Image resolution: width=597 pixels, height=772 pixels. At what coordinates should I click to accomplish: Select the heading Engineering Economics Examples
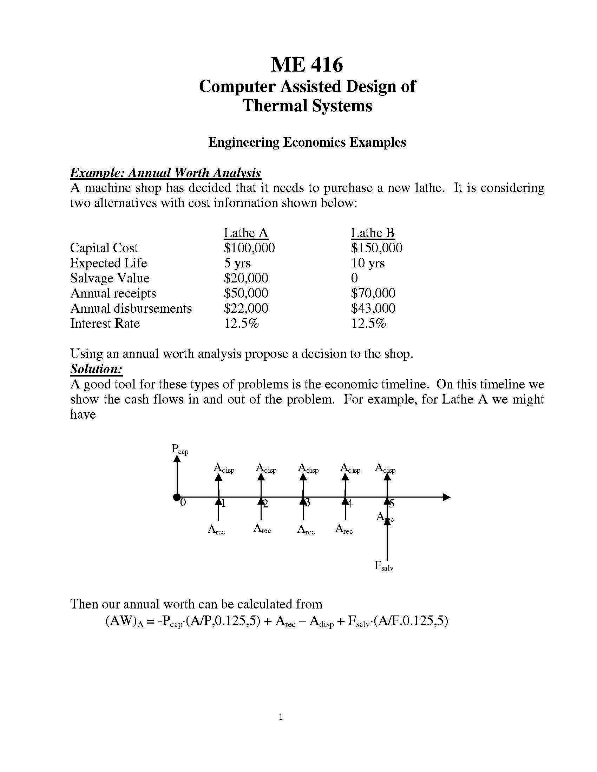click(307, 142)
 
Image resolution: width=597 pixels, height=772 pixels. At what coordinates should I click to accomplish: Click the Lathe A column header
click(246, 233)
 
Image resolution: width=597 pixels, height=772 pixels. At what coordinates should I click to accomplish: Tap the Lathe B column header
click(372, 233)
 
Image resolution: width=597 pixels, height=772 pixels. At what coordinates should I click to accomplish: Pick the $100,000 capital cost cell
click(249, 248)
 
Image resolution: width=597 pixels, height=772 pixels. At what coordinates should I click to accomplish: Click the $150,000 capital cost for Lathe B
click(377, 248)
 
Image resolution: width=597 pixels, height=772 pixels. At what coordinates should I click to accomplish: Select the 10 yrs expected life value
click(368, 263)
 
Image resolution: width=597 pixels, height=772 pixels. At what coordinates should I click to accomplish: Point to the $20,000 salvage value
click(246, 278)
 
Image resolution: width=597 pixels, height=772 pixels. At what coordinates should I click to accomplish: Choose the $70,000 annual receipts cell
click(373, 293)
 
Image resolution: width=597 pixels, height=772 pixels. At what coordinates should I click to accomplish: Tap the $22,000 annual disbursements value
click(246, 308)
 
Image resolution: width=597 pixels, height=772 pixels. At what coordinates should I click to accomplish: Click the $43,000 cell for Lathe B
click(373, 308)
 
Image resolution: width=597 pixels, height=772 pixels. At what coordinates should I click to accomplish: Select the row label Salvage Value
click(110, 278)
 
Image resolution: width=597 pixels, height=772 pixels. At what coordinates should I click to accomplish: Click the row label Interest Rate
click(105, 324)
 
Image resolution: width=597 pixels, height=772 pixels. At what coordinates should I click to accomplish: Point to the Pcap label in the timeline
click(180, 450)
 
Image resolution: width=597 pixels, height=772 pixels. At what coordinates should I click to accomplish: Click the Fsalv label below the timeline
click(384, 566)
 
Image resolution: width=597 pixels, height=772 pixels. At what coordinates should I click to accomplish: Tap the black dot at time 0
click(177, 497)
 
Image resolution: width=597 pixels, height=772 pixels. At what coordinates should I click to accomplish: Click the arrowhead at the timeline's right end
click(447, 497)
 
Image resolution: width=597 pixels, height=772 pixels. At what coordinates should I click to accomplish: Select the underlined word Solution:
click(96, 369)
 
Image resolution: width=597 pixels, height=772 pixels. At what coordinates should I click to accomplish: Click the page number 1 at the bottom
click(281, 717)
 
